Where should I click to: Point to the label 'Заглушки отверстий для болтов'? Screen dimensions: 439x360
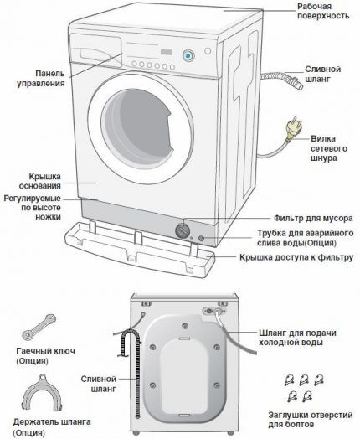pos(314,418)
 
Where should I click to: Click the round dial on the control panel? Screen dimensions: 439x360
pos(188,55)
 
